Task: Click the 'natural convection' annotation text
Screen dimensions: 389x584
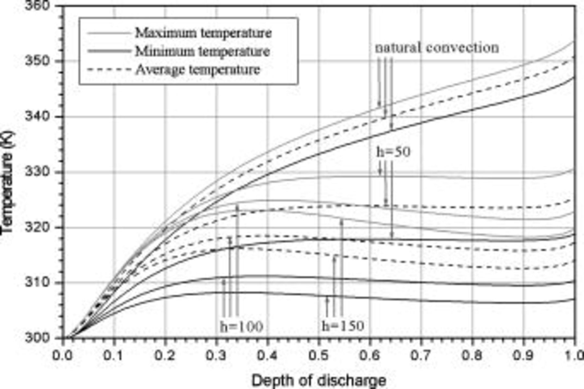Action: pyautogui.click(x=437, y=48)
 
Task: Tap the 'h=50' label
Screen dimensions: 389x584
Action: pyautogui.click(x=393, y=152)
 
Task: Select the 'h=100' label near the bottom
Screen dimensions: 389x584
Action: pyautogui.click(x=241, y=326)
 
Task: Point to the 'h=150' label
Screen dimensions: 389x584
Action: pyautogui.click(x=343, y=326)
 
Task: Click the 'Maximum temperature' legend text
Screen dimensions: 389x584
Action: pyautogui.click(x=203, y=33)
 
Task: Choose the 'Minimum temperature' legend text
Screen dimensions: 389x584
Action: pyautogui.click(x=202, y=51)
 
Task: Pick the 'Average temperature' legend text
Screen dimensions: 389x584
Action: pyautogui.click(x=198, y=70)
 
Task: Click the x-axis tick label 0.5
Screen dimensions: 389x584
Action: pyautogui.click(x=318, y=356)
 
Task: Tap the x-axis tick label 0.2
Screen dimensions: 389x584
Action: pyautogui.click(x=165, y=356)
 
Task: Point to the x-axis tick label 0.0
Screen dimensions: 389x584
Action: pyautogui.click(x=63, y=356)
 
